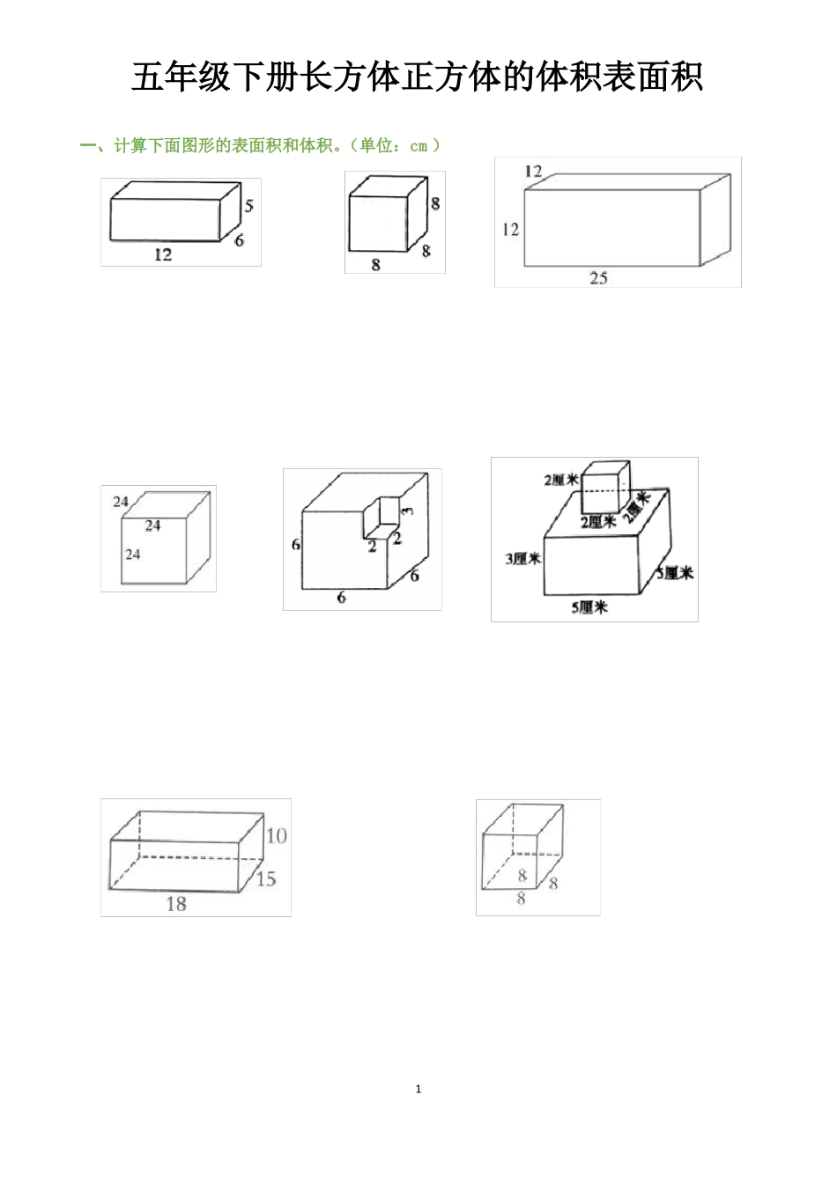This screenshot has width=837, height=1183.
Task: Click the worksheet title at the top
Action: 418,77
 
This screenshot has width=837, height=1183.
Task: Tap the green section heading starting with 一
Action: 260,146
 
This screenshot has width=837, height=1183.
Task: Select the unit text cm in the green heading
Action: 418,146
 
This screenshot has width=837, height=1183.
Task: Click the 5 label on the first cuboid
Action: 249,206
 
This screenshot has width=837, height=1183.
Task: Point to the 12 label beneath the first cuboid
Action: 163,254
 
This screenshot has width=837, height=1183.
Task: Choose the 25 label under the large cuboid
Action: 598,278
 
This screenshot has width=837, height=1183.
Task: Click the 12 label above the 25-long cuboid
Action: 533,172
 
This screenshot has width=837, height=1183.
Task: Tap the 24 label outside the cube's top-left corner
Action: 121,502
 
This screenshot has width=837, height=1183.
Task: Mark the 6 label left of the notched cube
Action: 296,545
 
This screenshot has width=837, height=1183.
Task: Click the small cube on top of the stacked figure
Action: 604,487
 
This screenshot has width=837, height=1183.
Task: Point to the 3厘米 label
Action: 522,559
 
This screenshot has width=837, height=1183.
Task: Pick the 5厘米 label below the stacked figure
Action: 589,606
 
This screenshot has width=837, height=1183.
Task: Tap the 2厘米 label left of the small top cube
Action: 560,480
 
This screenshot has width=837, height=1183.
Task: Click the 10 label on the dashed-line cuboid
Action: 276,835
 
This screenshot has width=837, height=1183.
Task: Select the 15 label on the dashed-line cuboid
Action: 265,878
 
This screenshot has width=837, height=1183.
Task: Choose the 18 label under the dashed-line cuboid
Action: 176,903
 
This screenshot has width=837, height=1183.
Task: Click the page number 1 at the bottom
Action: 418,1089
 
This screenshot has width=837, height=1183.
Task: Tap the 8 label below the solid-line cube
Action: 375,264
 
